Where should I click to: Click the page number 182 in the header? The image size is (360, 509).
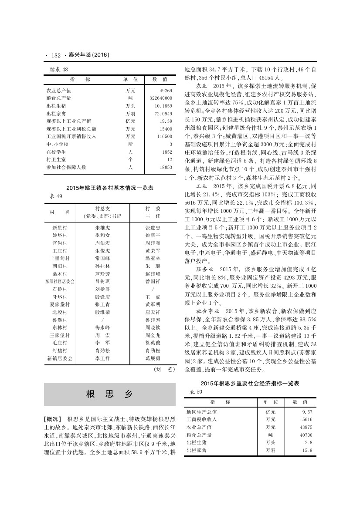55,55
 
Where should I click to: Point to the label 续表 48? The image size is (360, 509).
56,69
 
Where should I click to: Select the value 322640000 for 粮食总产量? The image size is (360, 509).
161,98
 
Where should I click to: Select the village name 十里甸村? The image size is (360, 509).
59,258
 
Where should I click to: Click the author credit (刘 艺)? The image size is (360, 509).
164,369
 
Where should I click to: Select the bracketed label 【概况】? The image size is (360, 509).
53,418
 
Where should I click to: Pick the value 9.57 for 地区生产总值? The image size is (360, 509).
307,411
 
